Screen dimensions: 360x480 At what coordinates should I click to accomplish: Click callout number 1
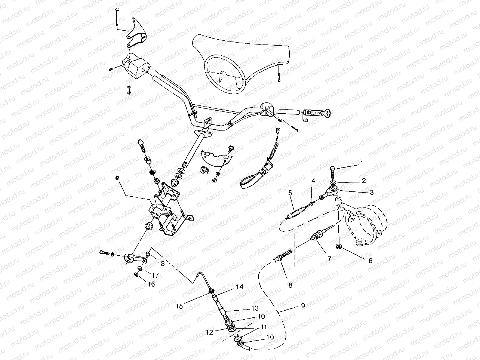[x=361, y=163]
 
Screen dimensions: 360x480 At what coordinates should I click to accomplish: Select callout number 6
[x=370, y=261]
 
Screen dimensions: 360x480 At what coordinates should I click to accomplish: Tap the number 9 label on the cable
[x=302, y=306]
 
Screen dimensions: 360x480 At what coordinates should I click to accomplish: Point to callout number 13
[x=255, y=309]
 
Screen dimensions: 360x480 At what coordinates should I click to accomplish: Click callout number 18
[x=161, y=263]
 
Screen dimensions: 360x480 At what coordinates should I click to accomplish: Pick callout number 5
[x=290, y=193]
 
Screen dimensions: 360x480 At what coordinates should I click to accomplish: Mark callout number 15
[x=180, y=306]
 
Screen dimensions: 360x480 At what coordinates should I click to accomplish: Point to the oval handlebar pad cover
[x=239, y=64]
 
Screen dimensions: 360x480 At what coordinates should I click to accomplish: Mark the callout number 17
[x=156, y=275]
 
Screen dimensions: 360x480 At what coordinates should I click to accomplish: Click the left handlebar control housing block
[x=136, y=67]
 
